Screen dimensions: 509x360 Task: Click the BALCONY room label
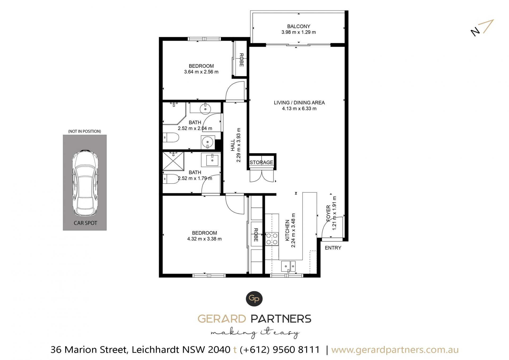299,26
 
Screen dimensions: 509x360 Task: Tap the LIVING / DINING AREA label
299,103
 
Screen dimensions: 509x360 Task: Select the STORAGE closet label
261,162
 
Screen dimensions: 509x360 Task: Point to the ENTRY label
333,248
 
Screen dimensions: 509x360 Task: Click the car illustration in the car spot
85,183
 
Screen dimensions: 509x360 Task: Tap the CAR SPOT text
85,223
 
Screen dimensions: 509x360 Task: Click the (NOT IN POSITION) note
85,131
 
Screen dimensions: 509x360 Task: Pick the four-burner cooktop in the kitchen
272,238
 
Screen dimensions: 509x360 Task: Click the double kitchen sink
288,266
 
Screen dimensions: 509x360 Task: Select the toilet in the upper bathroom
171,138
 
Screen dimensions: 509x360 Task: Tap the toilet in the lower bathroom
171,179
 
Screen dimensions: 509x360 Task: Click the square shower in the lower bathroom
173,161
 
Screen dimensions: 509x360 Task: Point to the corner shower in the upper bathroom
174,114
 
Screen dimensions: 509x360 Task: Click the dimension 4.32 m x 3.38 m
204,239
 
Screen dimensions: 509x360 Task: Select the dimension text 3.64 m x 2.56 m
201,72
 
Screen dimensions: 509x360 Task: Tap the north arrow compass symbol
482,28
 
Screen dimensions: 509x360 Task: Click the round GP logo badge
254,299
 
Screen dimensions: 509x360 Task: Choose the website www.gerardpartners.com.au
395,350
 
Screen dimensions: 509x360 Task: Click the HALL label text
233,146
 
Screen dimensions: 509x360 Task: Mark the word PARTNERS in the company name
281,319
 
